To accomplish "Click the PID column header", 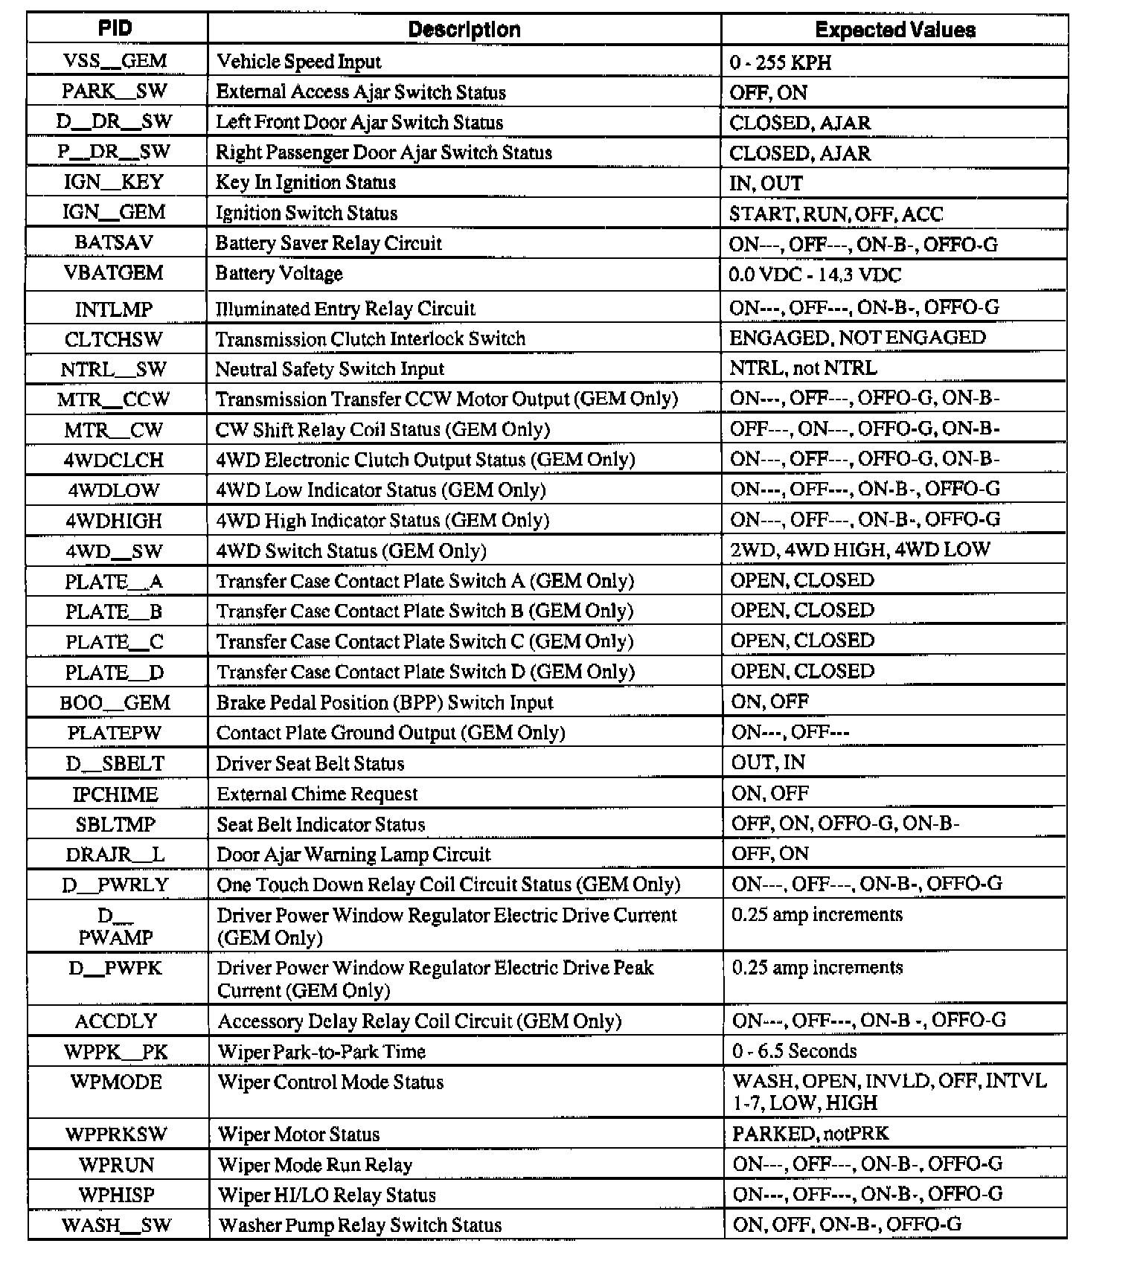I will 115,29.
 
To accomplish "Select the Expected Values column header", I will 894,30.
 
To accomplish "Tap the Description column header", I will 464,30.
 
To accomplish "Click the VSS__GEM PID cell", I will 115,61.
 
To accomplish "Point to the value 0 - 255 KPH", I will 781,62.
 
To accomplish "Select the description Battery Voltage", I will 279,274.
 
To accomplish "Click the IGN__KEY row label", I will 114,182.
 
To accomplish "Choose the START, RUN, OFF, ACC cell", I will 836,214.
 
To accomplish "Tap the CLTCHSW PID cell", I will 114,339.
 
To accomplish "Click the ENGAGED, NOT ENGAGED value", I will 857,338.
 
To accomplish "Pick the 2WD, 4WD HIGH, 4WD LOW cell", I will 860,550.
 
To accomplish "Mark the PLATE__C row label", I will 114,642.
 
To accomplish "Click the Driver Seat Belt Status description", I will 310,763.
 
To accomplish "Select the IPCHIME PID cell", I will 115,795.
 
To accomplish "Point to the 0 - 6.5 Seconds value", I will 794,1051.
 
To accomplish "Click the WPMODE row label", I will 116,1082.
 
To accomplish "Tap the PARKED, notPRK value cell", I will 810,1134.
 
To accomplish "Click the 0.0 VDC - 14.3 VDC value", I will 815,275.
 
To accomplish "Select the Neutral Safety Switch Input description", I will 330,369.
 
